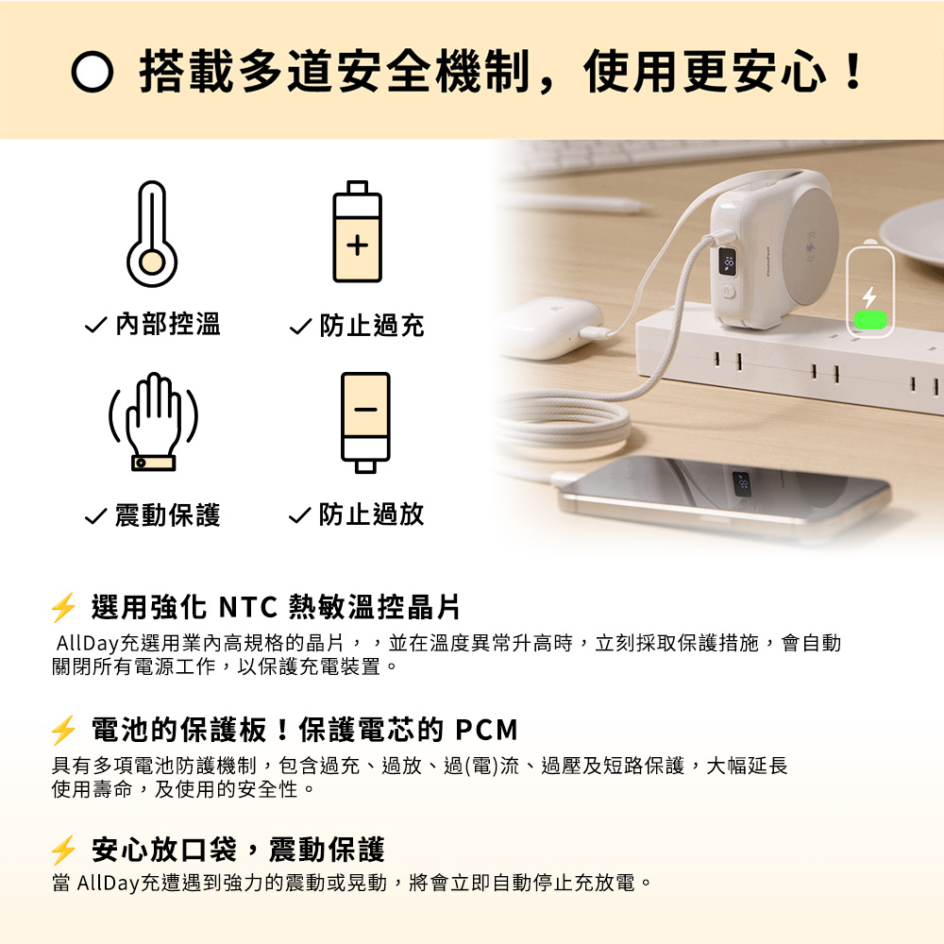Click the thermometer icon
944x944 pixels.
tap(152, 233)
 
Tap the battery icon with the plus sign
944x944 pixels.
tap(358, 231)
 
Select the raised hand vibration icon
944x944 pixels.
tap(154, 421)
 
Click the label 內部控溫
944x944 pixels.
tap(168, 325)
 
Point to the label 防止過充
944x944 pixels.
tap(372, 326)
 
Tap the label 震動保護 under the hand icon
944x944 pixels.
tap(168, 515)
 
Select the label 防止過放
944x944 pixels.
tap(372, 514)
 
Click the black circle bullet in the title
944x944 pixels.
tap(93, 72)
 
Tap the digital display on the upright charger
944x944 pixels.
tap(728, 261)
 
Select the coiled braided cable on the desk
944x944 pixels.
tap(560, 425)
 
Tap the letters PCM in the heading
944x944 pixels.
tap(486, 731)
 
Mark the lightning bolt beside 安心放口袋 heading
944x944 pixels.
tap(63, 851)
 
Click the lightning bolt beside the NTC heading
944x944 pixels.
tap(63, 607)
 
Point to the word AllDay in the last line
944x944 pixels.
tap(109, 884)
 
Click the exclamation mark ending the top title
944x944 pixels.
tap(853, 72)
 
